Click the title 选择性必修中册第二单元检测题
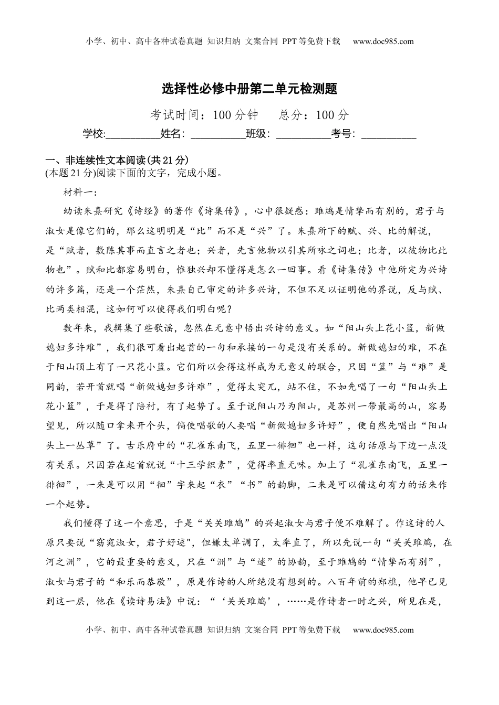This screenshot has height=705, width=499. (x=250, y=89)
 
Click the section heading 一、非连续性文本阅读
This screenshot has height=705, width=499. (x=117, y=161)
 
